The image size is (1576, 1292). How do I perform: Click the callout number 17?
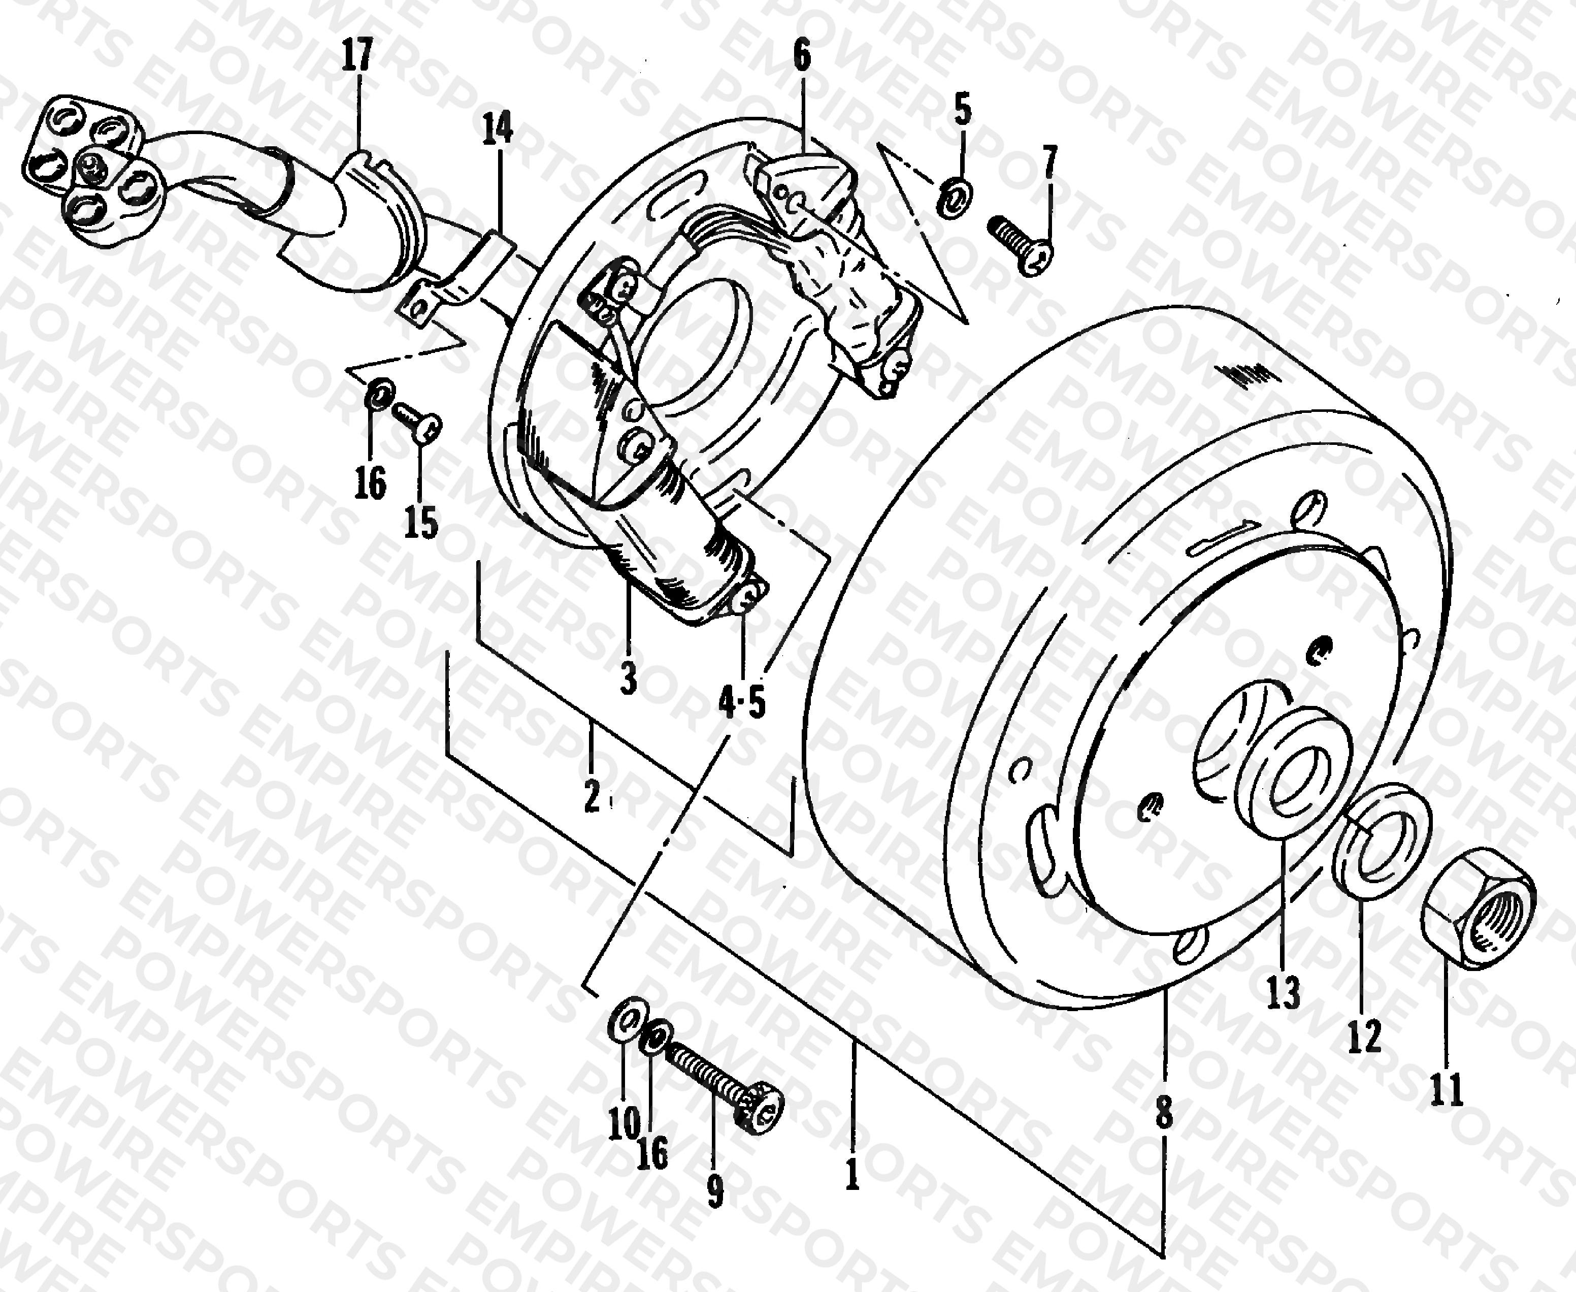[356, 56]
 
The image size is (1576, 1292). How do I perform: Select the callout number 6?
[801, 56]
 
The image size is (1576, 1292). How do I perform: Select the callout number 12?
[1365, 1035]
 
